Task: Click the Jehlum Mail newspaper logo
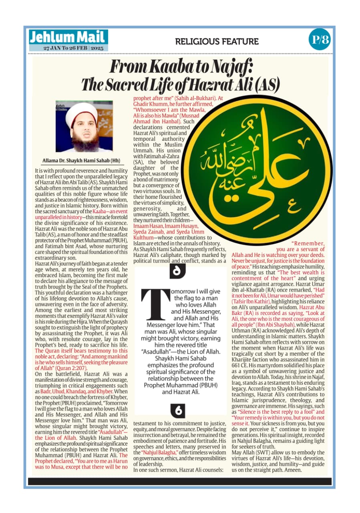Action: [68, 38]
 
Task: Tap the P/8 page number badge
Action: [320, 40]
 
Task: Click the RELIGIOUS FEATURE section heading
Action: [217, 41]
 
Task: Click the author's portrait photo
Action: [84, 127]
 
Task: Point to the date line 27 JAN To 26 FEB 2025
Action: [74, 48]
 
